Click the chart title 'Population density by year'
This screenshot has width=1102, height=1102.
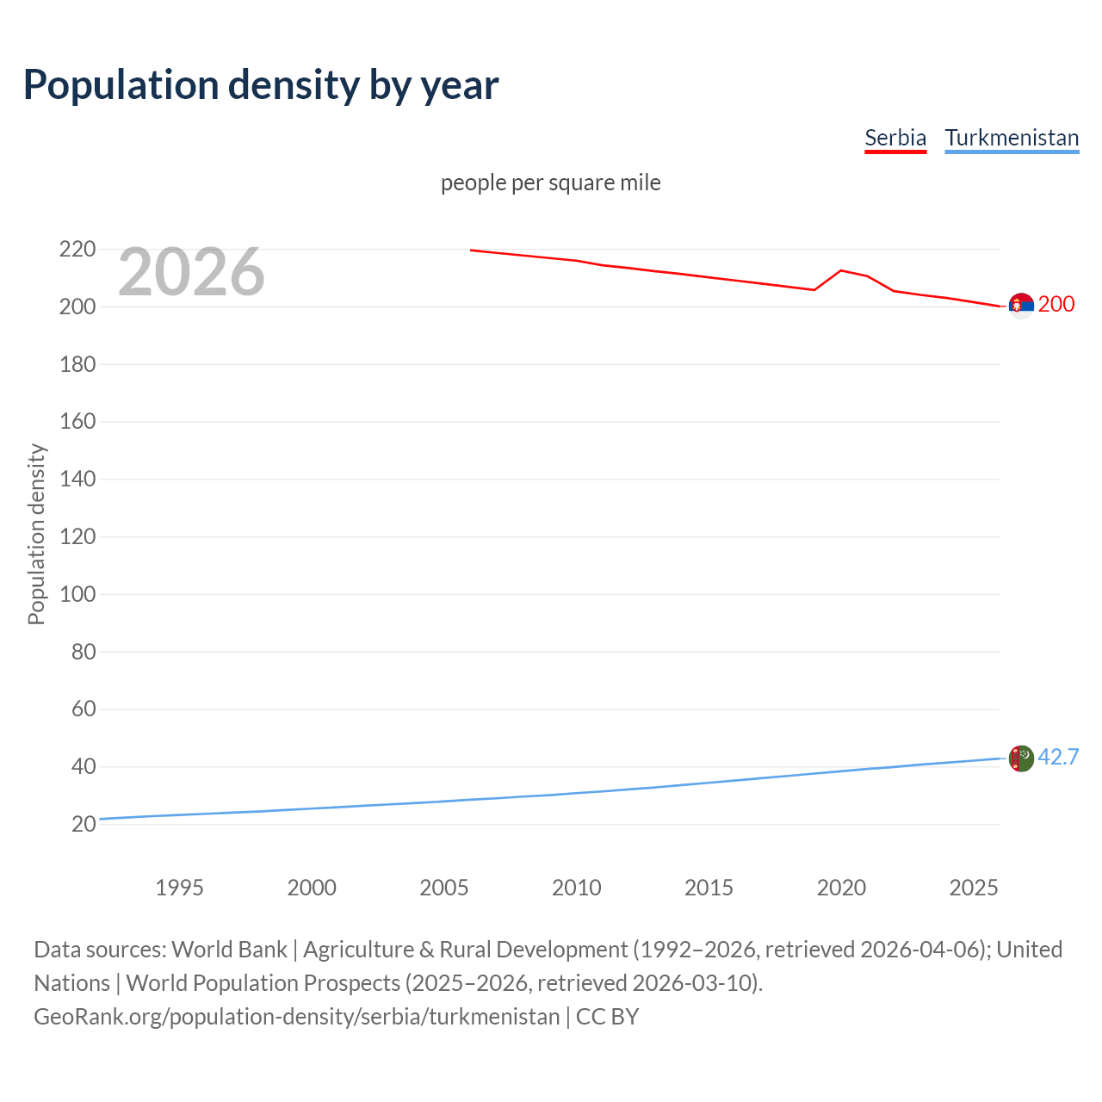(261, 84)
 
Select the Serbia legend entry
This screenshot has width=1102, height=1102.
(895, 138)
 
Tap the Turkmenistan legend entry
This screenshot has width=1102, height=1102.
(1012, 138)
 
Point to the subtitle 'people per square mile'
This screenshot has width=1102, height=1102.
(551, 183)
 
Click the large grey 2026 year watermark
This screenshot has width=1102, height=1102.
(191, 272)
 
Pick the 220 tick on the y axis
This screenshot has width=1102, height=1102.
(77, 250)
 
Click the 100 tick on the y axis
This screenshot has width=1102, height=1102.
(77, 594)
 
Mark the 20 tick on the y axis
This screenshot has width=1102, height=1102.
(84, 824)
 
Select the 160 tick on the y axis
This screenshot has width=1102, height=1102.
(77, 422)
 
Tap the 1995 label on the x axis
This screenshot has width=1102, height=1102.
(179, 888)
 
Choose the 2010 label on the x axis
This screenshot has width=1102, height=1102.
(576, 888)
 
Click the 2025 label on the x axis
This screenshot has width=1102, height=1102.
(973, 888)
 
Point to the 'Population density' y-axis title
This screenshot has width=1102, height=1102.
(36, 534)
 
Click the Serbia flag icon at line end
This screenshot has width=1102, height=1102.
(1020, 305)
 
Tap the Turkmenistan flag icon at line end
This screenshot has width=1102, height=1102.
(1020, 758)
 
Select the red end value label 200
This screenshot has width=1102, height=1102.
(1056, 304)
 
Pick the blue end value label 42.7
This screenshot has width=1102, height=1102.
(1058, 757)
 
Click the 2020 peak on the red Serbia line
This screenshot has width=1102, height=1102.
(841, 270)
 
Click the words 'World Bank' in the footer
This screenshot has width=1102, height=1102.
(229, 949)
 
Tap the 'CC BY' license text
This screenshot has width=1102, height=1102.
(607, 1016)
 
